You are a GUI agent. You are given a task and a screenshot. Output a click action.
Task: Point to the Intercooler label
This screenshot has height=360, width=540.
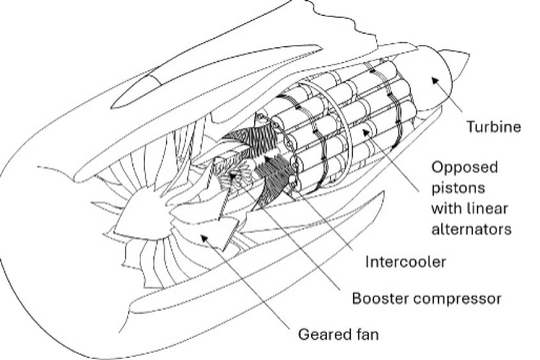pos(396,261)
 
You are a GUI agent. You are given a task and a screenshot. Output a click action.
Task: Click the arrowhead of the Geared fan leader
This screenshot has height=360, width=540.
pos(204,237)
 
